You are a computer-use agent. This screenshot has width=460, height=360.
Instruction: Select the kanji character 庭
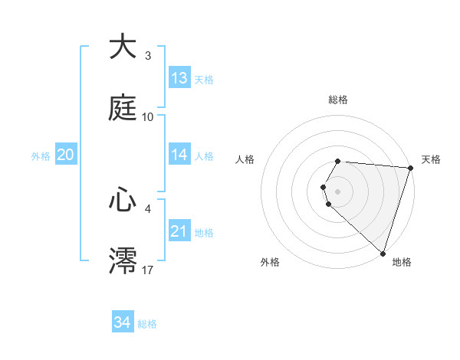point(123,107)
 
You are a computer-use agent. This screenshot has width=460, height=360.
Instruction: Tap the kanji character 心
point(123,200)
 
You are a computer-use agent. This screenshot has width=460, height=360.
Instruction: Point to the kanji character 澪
point(123,260)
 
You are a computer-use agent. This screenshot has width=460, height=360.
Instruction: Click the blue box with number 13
point(179,78)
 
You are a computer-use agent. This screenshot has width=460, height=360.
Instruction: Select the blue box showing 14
point(179,155)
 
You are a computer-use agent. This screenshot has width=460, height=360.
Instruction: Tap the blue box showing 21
point(179,231)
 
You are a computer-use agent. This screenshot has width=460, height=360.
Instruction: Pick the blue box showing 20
point(66,155)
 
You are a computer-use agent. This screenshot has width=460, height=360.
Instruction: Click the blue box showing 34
point(122,322)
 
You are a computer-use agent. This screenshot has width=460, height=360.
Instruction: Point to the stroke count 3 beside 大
point(148,56)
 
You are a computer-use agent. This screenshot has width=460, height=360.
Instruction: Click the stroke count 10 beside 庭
point(148,117)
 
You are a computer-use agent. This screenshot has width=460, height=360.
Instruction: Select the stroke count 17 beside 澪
point(148,270)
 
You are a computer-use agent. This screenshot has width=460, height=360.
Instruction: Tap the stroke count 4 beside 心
point(148,208)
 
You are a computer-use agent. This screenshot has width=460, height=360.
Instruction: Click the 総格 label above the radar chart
point(338,100)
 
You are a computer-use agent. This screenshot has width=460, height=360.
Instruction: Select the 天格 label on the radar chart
point(432,159)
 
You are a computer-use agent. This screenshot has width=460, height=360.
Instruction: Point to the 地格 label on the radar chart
point(402,262)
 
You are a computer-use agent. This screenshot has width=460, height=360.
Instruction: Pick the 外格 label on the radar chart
point(270,262)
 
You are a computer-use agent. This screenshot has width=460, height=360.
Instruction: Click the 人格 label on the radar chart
point(245,159)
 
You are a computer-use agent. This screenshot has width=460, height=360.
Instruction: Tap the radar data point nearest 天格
point(410,168)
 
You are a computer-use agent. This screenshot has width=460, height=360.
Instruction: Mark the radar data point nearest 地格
point(383,254)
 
